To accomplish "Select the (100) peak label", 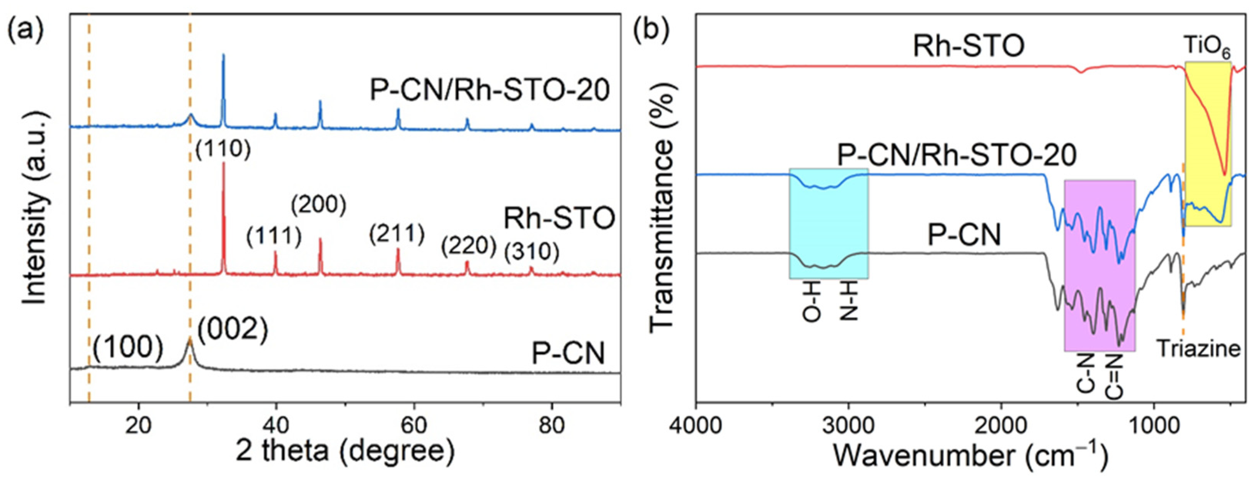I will pyautogui.click(x=128, y=348).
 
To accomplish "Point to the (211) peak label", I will pyautogui.click(x=397, y=234).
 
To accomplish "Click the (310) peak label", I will pyautogui.click(x=532, y=252).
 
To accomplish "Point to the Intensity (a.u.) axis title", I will pyautogui.click(x=36, y=208).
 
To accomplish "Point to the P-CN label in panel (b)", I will pyautogui.click(x=964, y=234).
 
